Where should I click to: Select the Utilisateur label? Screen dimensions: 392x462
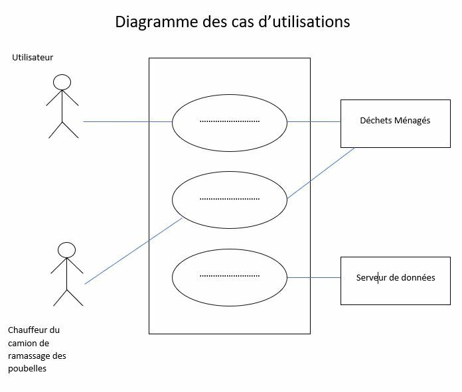point(33,58)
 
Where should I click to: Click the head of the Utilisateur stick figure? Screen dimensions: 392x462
point(62,82)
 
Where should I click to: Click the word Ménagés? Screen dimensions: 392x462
point(412,121)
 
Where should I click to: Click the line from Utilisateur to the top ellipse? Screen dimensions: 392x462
point(126,122)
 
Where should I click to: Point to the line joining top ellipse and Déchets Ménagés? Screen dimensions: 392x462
point(313,122)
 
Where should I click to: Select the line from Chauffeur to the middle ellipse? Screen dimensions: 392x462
point(133,251)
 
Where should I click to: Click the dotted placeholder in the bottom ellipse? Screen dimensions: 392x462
point(229,276)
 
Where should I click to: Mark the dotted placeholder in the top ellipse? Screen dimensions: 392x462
point(229,122)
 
